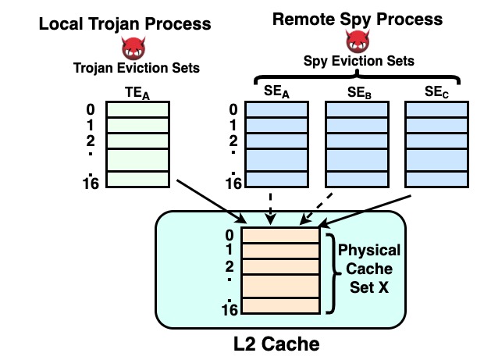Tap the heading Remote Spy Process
coord(357,19)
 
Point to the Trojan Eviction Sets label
coord(137,68)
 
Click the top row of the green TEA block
coord(137,110)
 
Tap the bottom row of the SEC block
coord(434,180)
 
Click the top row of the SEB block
coord(355,110)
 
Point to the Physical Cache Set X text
coord(368,268)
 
